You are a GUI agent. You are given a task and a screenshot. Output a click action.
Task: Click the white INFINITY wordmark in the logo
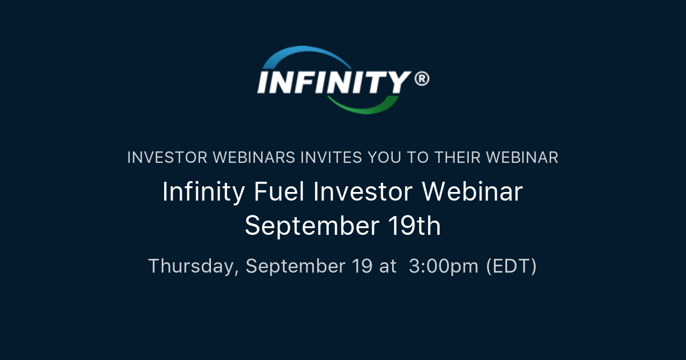pos(334,82)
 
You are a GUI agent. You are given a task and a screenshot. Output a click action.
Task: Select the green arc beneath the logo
pos(366,105)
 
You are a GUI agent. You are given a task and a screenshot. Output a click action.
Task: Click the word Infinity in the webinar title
pos(204,192)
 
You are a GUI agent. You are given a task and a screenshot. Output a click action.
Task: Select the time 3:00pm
pos(444,266)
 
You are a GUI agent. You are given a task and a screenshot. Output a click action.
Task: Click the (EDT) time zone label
pos(511,266)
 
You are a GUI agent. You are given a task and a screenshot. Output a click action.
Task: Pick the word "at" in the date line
pos(387,266)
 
